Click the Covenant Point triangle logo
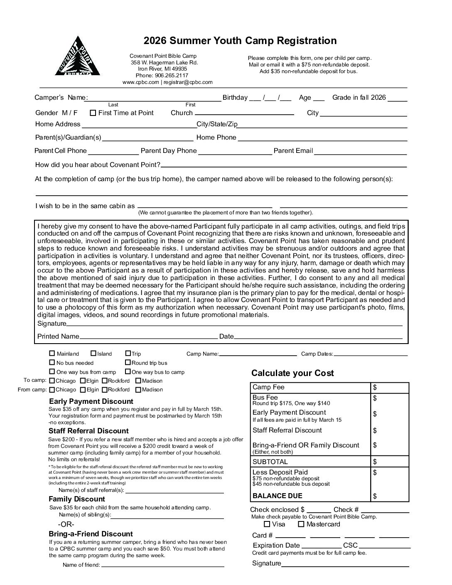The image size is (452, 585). pos(77,57)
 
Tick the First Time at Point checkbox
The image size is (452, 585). pos(93,113)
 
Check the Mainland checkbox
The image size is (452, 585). pos(52,354)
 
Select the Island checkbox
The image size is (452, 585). pos(93,354)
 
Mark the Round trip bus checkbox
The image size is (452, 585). pos(128,363)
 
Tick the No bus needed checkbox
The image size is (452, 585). pos(52,363)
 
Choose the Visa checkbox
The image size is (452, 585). pos(267,524)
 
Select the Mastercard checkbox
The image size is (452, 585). pos(301,524)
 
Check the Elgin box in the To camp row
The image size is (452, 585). pos(83,381)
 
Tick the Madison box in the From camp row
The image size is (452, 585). pos(138,390)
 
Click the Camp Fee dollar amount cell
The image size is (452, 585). pos(390,388)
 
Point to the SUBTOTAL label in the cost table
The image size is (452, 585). pos(270,462)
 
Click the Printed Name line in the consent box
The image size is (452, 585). pos(148,337)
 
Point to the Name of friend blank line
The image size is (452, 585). pos(162,565)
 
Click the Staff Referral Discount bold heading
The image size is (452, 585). pos(88,431)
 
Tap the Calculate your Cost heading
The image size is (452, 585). pos(292,373)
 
